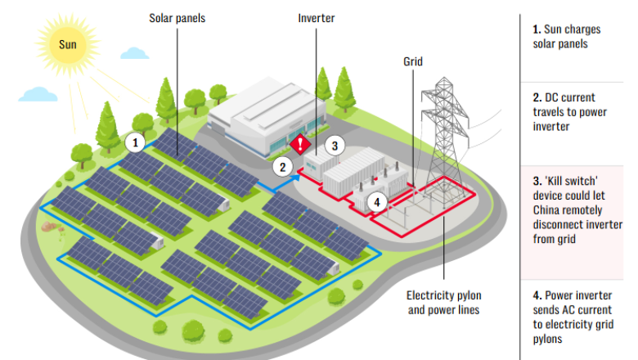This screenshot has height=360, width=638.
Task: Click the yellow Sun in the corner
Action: click(68, 42)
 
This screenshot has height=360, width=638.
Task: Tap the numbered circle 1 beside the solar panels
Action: click(136, 142)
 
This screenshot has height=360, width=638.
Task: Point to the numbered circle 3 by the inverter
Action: click(333, 146)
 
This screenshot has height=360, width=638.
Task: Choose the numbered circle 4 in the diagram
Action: click(376, 200)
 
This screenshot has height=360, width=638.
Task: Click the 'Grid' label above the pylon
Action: click(414, 61)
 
